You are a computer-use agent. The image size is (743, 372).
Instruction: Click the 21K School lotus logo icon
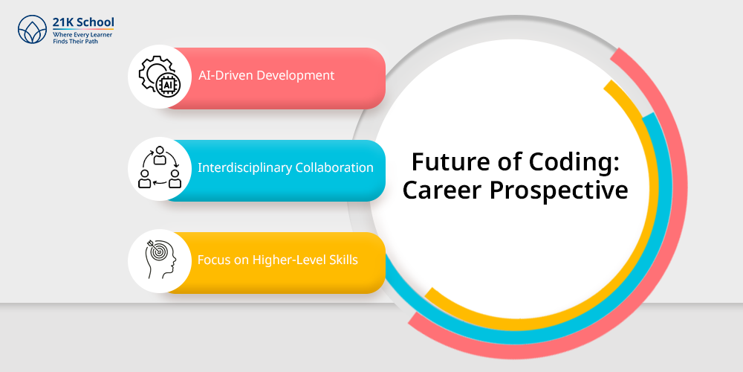pos(32,30)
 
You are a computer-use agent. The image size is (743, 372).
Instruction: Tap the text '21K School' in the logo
pos(83,22)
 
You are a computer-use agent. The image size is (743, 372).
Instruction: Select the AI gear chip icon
pos(160,76)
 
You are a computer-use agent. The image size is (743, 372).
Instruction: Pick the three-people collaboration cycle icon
pos(160,168)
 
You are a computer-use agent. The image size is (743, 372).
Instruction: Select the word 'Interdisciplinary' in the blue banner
pos(245,168)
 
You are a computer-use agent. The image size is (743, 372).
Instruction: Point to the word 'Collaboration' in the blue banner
pos(334,167)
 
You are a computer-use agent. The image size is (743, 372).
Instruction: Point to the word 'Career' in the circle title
pos(443,190)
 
